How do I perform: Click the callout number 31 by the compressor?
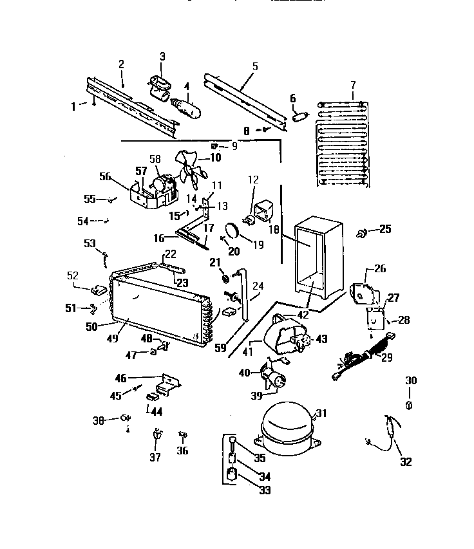pyautogui.click(x=321, y=413)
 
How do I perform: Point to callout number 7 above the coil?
pyautogui.click(x=352, y=85)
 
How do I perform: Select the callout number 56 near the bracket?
pyautogui.click(x=105, y=176)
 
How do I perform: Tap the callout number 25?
pyautogui.click(x=385, y=228)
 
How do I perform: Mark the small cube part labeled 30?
pyautogui.click(x=410, y=405)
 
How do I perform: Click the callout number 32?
pyautogui.click(x=406, y=461)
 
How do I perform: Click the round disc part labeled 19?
pyautogui.click(x=232, y=230)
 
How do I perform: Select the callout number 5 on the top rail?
pyautogui.click(x=255, y=66)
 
